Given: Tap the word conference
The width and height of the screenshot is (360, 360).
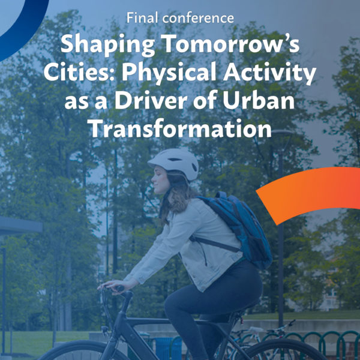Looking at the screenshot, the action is [198, 19].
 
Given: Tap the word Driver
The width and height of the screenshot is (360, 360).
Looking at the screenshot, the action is [151, 100].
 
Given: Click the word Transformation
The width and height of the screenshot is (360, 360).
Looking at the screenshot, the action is [180, 128].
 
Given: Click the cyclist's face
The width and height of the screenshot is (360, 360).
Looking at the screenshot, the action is [160, 181].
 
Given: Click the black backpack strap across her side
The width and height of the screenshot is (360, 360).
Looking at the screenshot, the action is [215, 244].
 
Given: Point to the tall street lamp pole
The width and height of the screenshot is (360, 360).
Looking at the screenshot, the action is [281, 230].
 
